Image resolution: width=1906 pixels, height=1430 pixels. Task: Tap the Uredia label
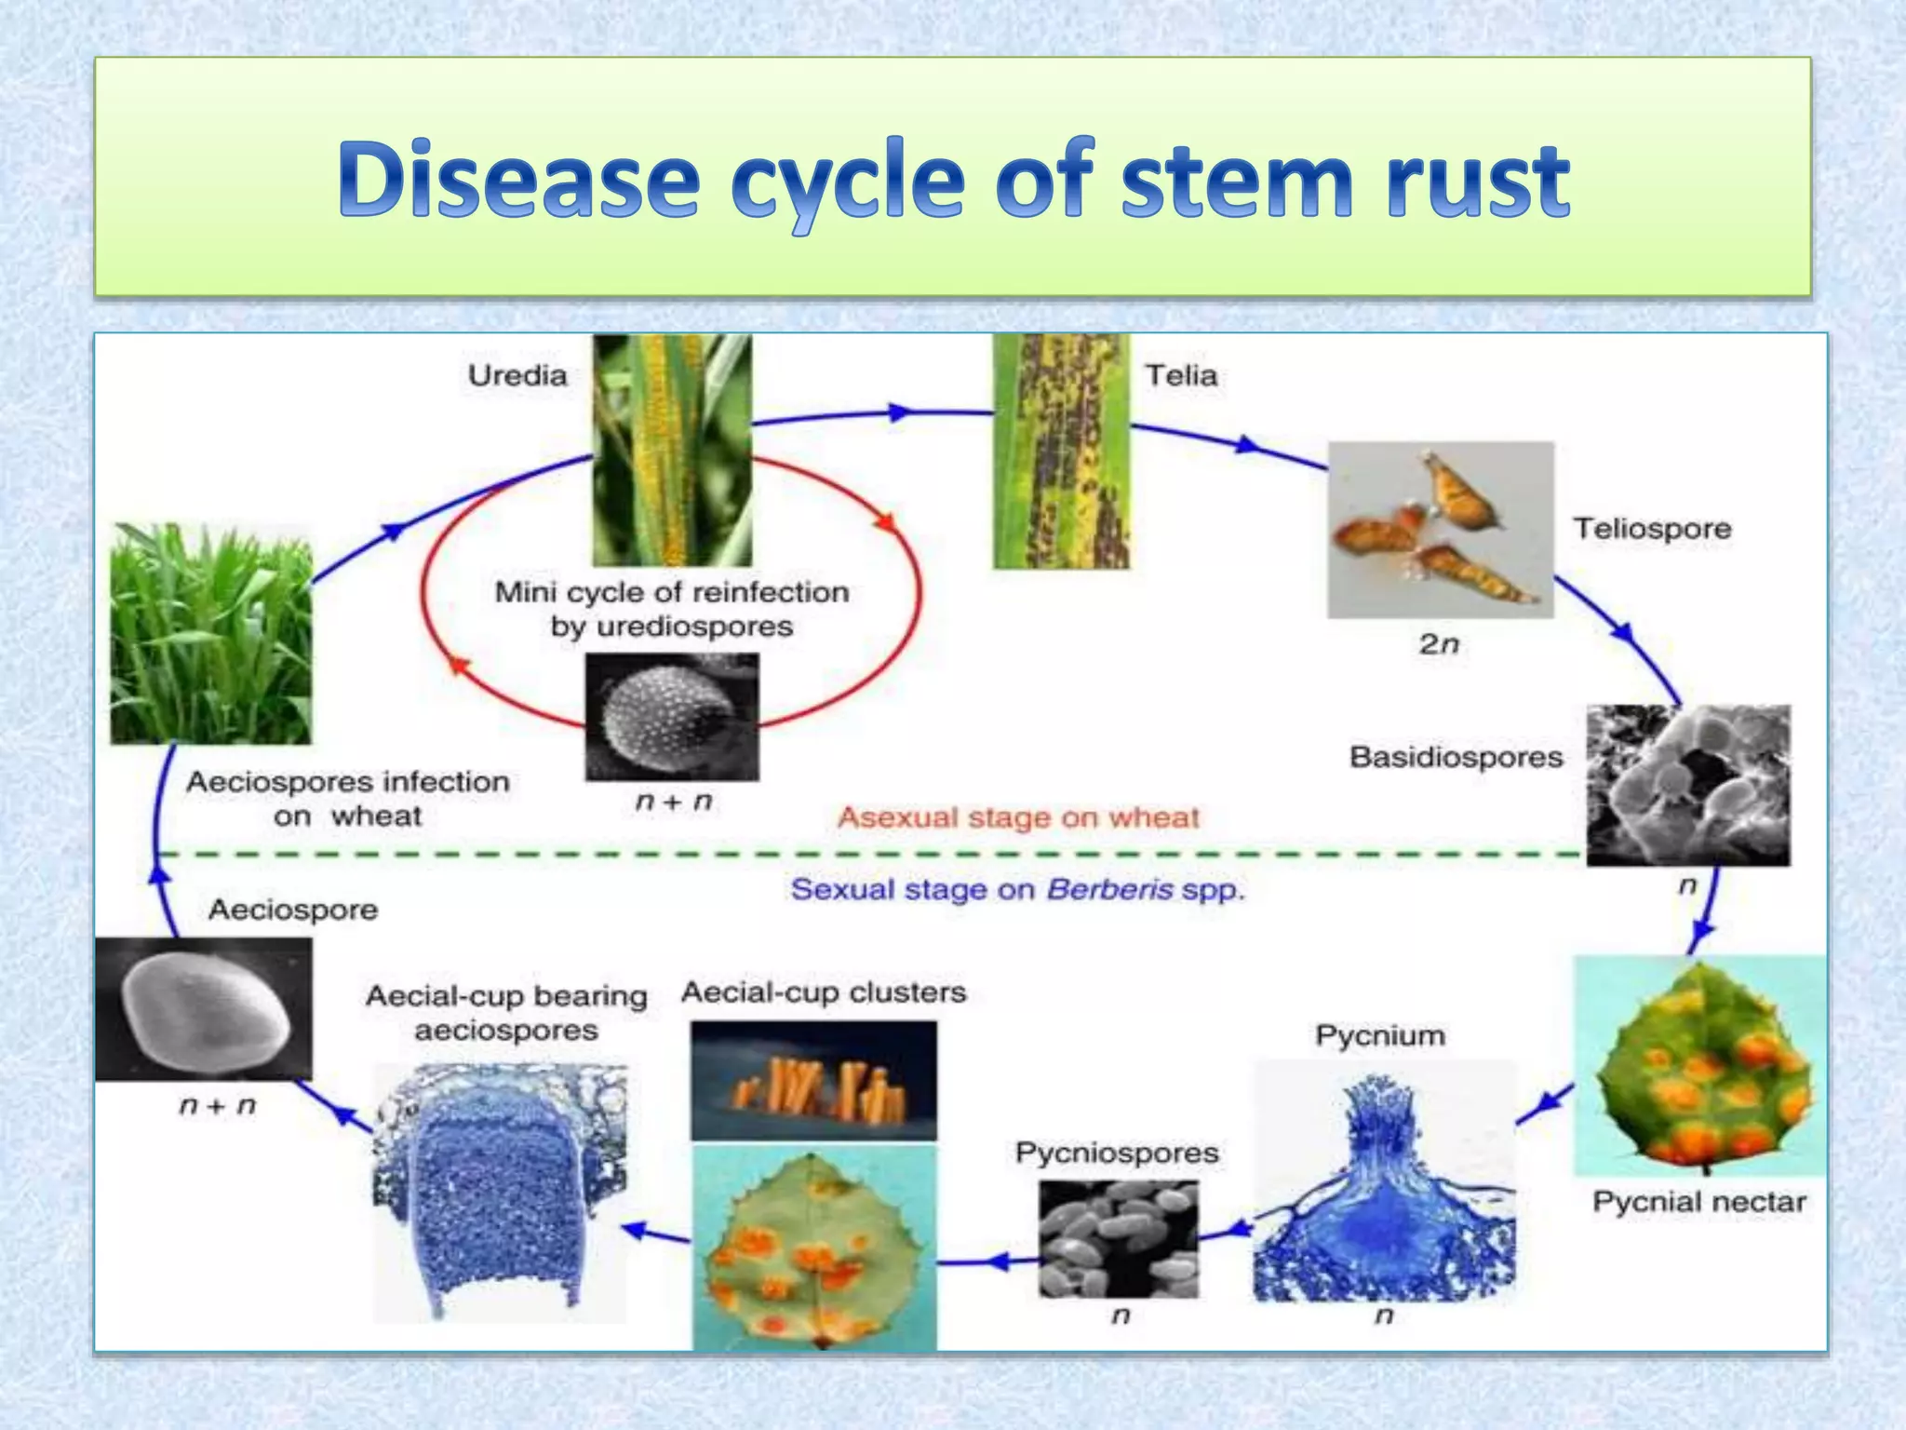[x=517, y=375]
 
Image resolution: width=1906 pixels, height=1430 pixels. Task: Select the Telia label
[x=1180, y=375]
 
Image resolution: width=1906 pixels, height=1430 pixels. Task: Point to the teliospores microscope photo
[x=1440, y=530]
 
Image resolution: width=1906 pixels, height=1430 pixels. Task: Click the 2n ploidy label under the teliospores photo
[x=1438, y=644]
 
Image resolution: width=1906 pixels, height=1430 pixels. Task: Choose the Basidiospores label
[x=1456, y=757]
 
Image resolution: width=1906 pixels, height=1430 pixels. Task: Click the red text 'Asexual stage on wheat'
[x=1018, y=817]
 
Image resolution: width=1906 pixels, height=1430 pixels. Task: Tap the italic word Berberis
[x=1109, y=890]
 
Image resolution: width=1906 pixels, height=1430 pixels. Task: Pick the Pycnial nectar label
[x=1698, y=1202]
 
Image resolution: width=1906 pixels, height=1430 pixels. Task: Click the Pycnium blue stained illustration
[x=1384, y=1182]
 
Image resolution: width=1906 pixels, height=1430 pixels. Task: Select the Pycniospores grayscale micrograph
[x=1119, y=1239]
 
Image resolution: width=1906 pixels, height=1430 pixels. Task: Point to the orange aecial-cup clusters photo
[x=813, y=1081]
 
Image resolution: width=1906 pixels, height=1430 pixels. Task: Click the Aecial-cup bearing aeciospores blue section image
[x=500, y=1194]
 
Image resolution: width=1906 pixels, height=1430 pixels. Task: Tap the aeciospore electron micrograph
[x=204, y=1009]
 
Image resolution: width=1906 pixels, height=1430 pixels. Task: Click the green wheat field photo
[x=211, y=634]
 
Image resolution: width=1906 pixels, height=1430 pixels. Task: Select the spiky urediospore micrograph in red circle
[x=671, y=717]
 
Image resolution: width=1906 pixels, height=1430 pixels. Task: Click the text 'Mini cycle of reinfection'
[x=671, y=592]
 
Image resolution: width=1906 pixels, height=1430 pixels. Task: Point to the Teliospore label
[x=1652, y=529]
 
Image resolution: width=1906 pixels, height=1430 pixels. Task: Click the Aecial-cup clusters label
[x=824, y=992]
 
